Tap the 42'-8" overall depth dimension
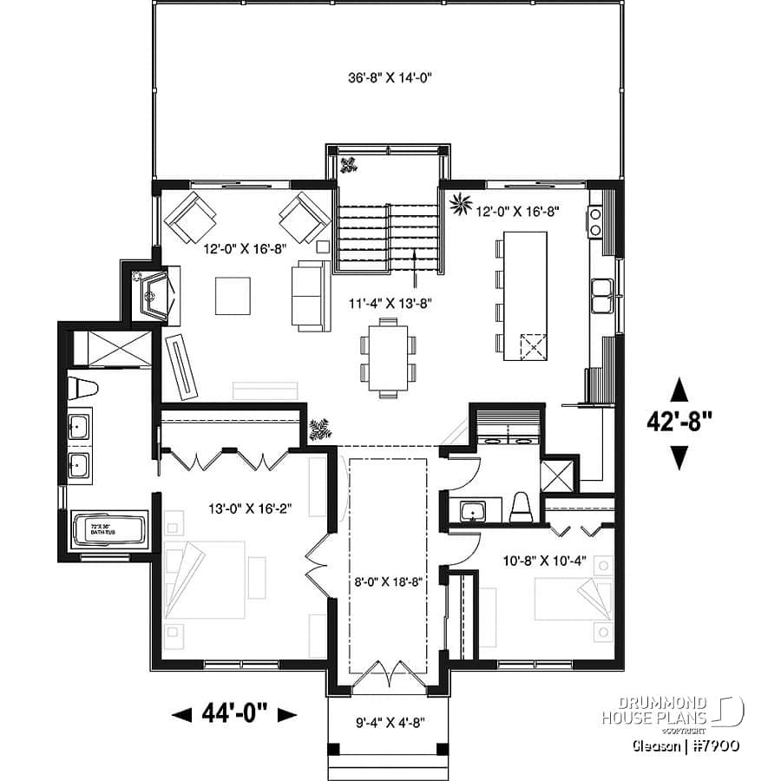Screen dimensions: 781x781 point(679,422)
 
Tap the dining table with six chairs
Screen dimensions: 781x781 point(386,356)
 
